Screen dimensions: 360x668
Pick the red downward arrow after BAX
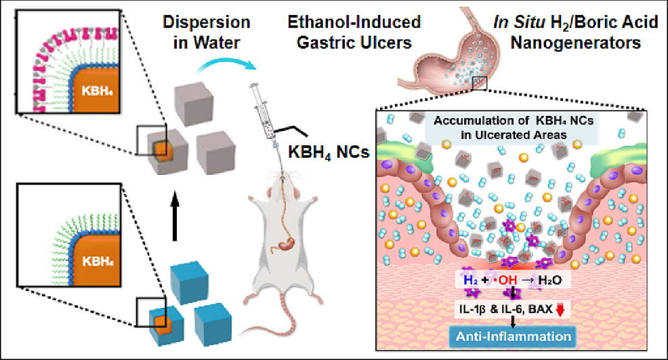coord(560,309)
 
